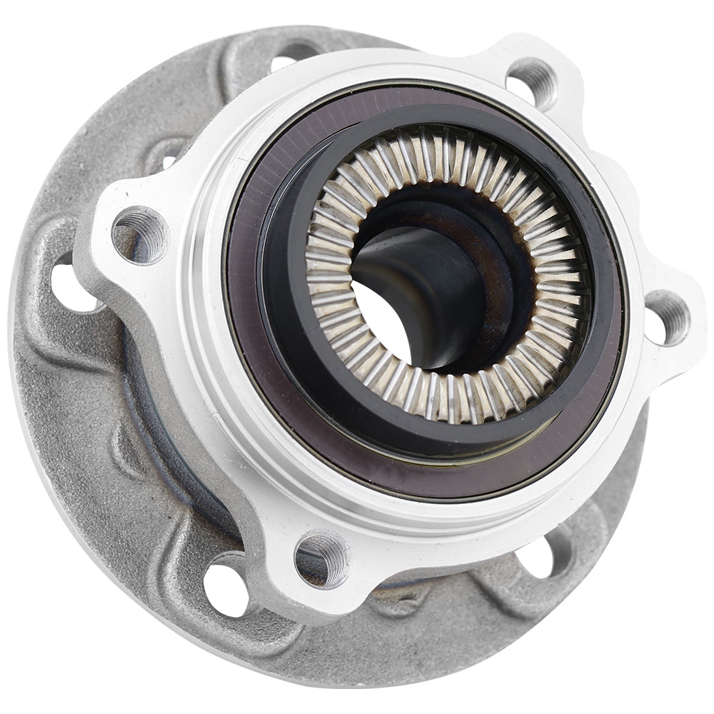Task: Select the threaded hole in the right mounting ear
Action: (667, 316)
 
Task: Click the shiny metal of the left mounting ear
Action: (107, 214)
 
